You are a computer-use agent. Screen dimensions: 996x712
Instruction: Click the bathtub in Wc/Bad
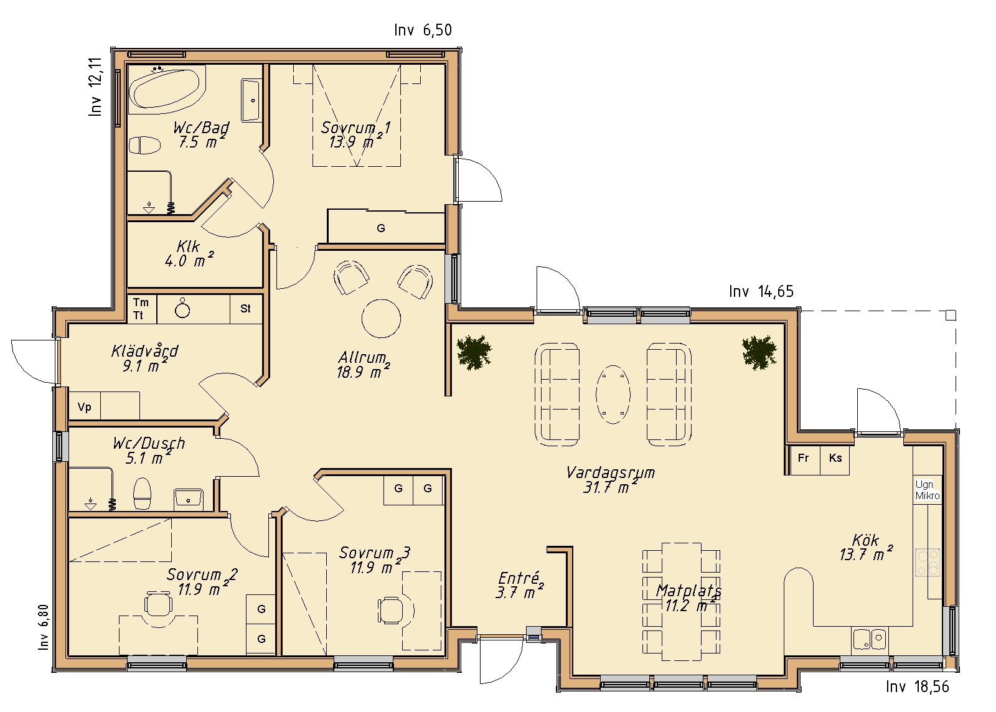167,87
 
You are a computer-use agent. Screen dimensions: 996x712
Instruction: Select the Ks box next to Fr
835,459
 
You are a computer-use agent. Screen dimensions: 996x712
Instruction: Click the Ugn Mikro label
928,490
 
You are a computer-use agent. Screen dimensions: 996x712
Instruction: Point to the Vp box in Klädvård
85,406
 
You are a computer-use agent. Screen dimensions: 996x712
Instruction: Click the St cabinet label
245,309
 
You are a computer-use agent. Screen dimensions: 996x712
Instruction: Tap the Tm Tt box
141,309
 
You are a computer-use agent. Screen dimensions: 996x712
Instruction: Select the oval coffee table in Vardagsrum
613,394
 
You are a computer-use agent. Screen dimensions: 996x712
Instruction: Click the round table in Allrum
381,318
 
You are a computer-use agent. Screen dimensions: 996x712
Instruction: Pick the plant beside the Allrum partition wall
474,352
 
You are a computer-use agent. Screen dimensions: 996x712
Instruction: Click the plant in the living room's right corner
759,352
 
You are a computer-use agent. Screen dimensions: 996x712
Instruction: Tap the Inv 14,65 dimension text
761,291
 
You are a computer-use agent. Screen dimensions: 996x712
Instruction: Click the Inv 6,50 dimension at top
423,30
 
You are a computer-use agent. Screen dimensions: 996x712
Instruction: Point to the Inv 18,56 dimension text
918,686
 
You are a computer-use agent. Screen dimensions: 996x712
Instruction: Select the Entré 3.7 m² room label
519,585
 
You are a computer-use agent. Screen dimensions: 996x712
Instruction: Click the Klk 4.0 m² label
189,254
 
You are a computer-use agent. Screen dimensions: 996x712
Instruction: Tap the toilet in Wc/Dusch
143,494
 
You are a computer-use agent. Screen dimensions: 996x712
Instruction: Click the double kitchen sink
870,640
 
